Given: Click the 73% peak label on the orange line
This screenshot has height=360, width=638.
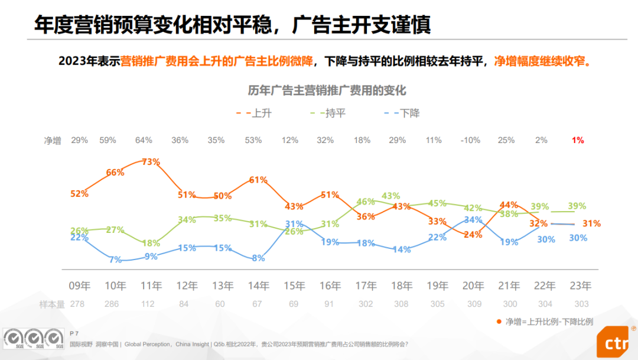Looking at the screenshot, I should click(151, 161).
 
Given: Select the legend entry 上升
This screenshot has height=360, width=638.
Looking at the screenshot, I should click(261, 112).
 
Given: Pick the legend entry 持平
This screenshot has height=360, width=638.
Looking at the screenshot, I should click(335, 112).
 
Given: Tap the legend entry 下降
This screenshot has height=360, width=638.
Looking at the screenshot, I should click(409, 112).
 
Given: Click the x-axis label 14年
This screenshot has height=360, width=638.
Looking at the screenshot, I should click(259, 286).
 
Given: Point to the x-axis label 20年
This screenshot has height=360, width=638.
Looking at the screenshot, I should click(473, 286).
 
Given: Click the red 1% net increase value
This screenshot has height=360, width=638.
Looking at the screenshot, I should click(578, 140).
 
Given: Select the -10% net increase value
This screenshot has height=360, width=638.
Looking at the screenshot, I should click(471, 140).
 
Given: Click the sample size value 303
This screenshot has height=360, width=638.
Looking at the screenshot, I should click(581, 303).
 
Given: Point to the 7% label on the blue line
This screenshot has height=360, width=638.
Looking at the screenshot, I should click(115, 260).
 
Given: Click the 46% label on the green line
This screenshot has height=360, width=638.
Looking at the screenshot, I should click(366, 202).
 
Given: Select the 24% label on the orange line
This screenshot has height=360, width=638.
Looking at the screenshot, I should click(473, 234).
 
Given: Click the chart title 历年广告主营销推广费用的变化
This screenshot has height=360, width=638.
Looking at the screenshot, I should click(327, 90).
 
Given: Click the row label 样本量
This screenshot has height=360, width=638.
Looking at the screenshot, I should click(53, 303).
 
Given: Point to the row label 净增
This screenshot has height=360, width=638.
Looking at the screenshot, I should click(53, 141).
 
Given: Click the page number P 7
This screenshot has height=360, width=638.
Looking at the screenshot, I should click(74, 333).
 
